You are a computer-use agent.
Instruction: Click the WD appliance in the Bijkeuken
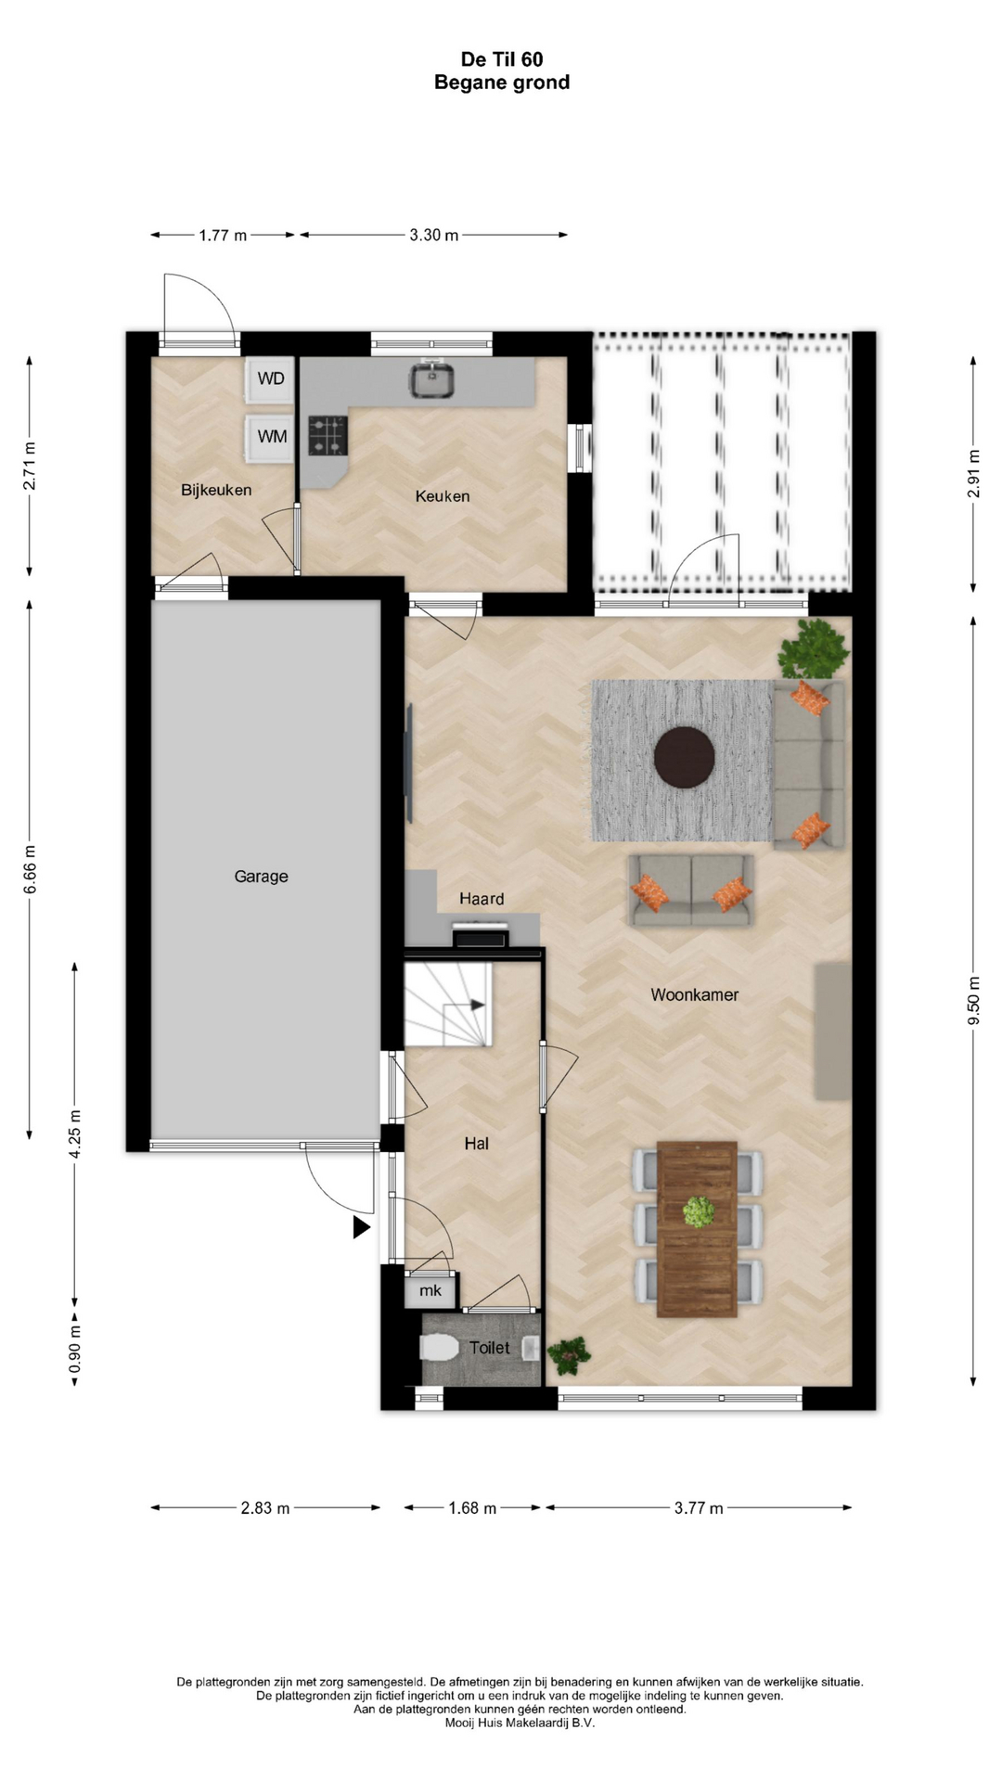[270, 379]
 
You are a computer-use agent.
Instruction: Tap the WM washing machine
[270, 437]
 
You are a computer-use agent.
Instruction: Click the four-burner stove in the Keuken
[328, 435]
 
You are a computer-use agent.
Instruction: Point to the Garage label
[261, 877]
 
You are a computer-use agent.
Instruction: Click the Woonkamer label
[695, 995]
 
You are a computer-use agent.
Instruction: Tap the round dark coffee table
[685, 757]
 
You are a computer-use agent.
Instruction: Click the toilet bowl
[438, 1348]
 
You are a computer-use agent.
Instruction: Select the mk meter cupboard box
[430, 1290]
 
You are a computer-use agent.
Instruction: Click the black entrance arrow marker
[361, 1228]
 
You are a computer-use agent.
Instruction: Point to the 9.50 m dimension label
[973, 1001]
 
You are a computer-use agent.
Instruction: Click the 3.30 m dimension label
[434, 236]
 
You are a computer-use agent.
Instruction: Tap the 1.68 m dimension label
[472, 1508]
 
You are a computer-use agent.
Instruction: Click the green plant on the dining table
[698, 1211]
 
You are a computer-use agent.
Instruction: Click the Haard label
[482, 899]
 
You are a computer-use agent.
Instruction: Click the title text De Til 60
[502, 59]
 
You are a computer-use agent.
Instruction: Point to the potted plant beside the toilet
[568, 1355]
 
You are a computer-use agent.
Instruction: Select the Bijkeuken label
[216, 490]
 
